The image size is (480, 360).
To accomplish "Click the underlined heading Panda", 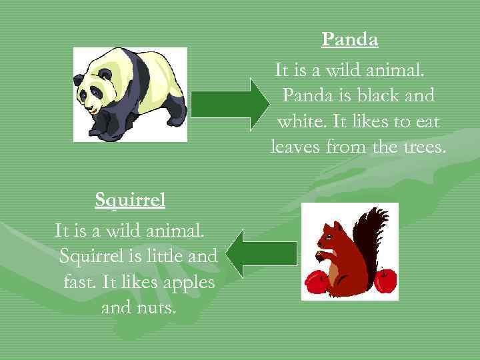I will point(349,40).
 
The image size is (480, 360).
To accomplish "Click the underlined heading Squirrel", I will point(130,199).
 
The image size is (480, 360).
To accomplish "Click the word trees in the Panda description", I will point(424,147).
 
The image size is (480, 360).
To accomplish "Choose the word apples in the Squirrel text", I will point(189,282).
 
